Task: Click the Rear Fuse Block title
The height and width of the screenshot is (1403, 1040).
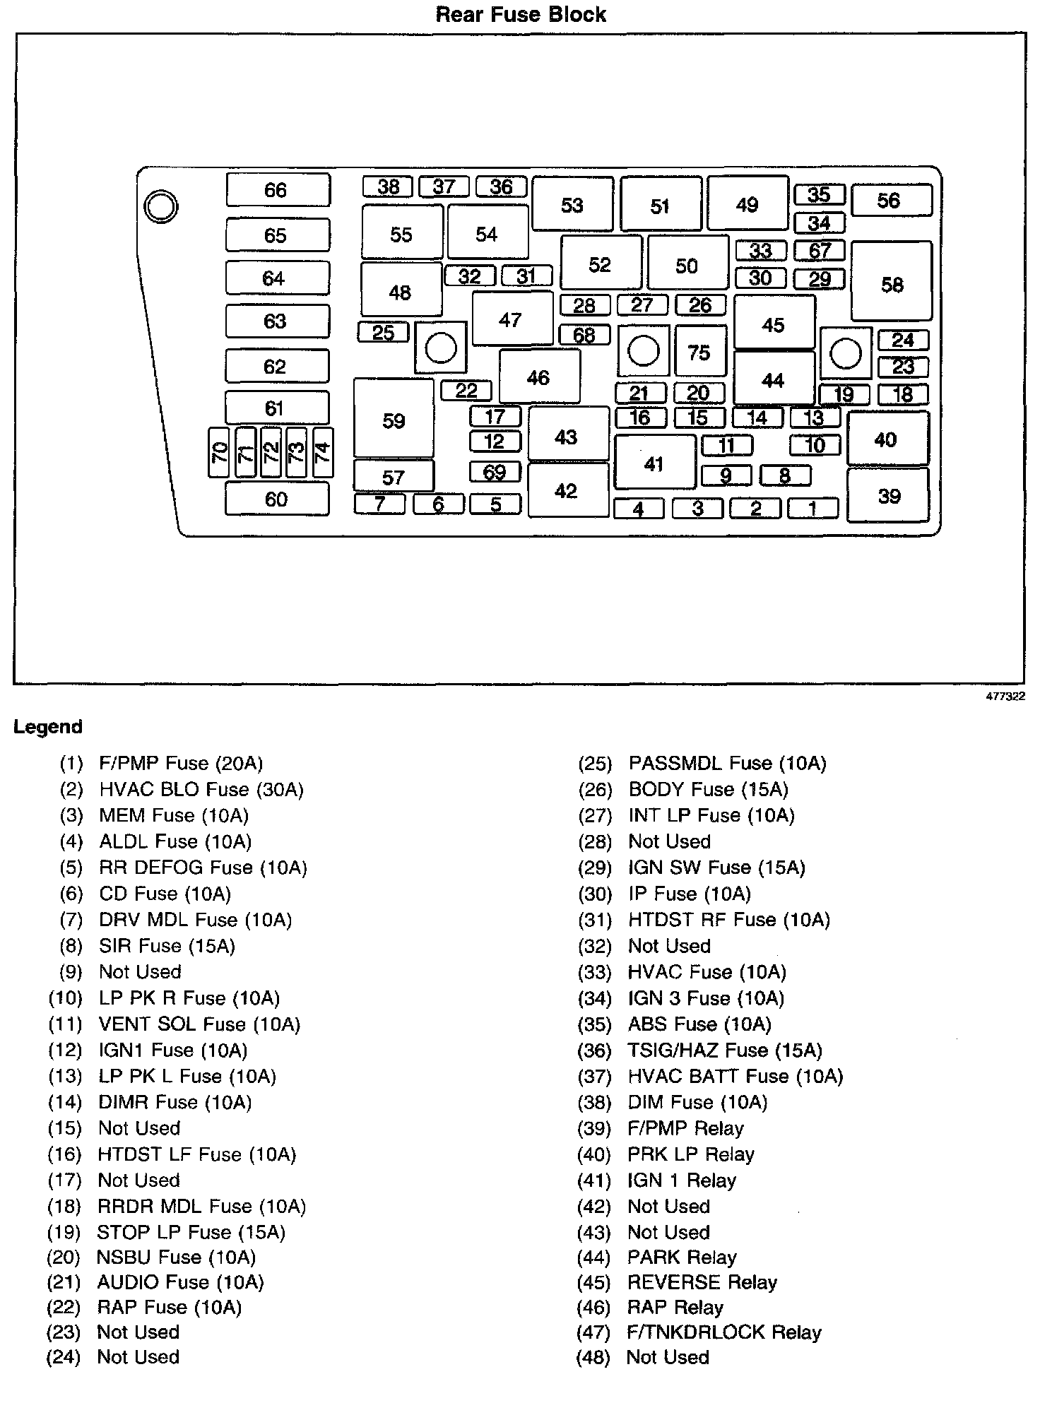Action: pos(521,15)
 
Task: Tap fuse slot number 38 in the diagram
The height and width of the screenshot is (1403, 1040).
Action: pos(388,187)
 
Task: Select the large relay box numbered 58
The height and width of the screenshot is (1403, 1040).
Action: pos(892,282)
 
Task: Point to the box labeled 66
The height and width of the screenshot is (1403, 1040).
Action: pos(278,189)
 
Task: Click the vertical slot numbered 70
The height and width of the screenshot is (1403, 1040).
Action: pos(220,451)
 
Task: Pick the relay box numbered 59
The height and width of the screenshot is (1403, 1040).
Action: pos(394,419)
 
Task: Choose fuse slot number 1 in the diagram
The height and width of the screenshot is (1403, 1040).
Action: pos(813,508)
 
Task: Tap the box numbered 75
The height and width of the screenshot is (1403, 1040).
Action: pos(699,351)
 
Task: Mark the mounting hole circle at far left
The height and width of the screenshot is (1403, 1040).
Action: pos(160,207)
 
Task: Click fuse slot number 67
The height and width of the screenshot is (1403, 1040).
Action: pos(820,251)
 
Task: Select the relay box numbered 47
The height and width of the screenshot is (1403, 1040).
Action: pos(512,319)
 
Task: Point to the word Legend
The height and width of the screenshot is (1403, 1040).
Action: pos(48,727)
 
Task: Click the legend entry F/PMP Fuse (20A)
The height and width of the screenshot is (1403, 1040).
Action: pos(180,763)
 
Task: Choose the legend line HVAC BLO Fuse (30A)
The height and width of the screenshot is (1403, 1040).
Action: pos(201,789)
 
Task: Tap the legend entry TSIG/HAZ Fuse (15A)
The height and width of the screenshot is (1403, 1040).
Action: pos(725,1050)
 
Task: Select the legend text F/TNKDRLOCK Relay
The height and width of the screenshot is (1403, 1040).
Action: pos(724,1332)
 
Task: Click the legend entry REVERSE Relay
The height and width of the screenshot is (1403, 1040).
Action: pos(702,1282)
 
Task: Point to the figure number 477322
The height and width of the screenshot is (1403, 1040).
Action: pos(1005,696)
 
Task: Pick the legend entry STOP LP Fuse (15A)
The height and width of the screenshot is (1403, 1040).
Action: pos(191,1232)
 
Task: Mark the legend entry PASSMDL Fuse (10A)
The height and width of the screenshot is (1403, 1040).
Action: pos(727,763)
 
